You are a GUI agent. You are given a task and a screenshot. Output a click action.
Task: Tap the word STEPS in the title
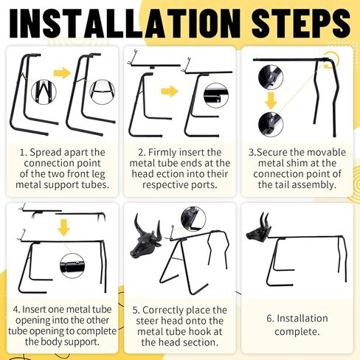(x=301, y=23)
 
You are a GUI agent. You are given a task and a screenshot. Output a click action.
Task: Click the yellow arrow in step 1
(x=62, y=73)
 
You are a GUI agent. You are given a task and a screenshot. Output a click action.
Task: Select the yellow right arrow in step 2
(x=170, y=91)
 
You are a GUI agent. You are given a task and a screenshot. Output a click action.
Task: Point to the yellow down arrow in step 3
(x=271, y=101)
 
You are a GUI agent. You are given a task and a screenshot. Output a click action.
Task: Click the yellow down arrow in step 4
(x=63, y=228)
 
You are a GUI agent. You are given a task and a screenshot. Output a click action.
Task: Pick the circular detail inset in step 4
(x=72, y=266)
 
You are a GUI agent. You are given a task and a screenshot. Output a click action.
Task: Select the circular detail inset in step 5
(x=193, y=219)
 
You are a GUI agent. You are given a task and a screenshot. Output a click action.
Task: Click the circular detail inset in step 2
(x=216, y=95)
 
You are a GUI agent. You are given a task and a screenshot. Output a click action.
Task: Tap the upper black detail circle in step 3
(x=271, y=77)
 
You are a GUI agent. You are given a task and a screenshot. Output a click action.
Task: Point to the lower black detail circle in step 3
(x=271, y=125)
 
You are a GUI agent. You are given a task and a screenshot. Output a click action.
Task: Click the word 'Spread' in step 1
(x=46, y=153)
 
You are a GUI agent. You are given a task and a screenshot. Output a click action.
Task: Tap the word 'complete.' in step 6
(x=297, y=332)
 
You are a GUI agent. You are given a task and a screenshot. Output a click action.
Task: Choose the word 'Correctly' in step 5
(x=164, y=311)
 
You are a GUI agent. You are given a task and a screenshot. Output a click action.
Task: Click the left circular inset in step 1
(x=44, y=92)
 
